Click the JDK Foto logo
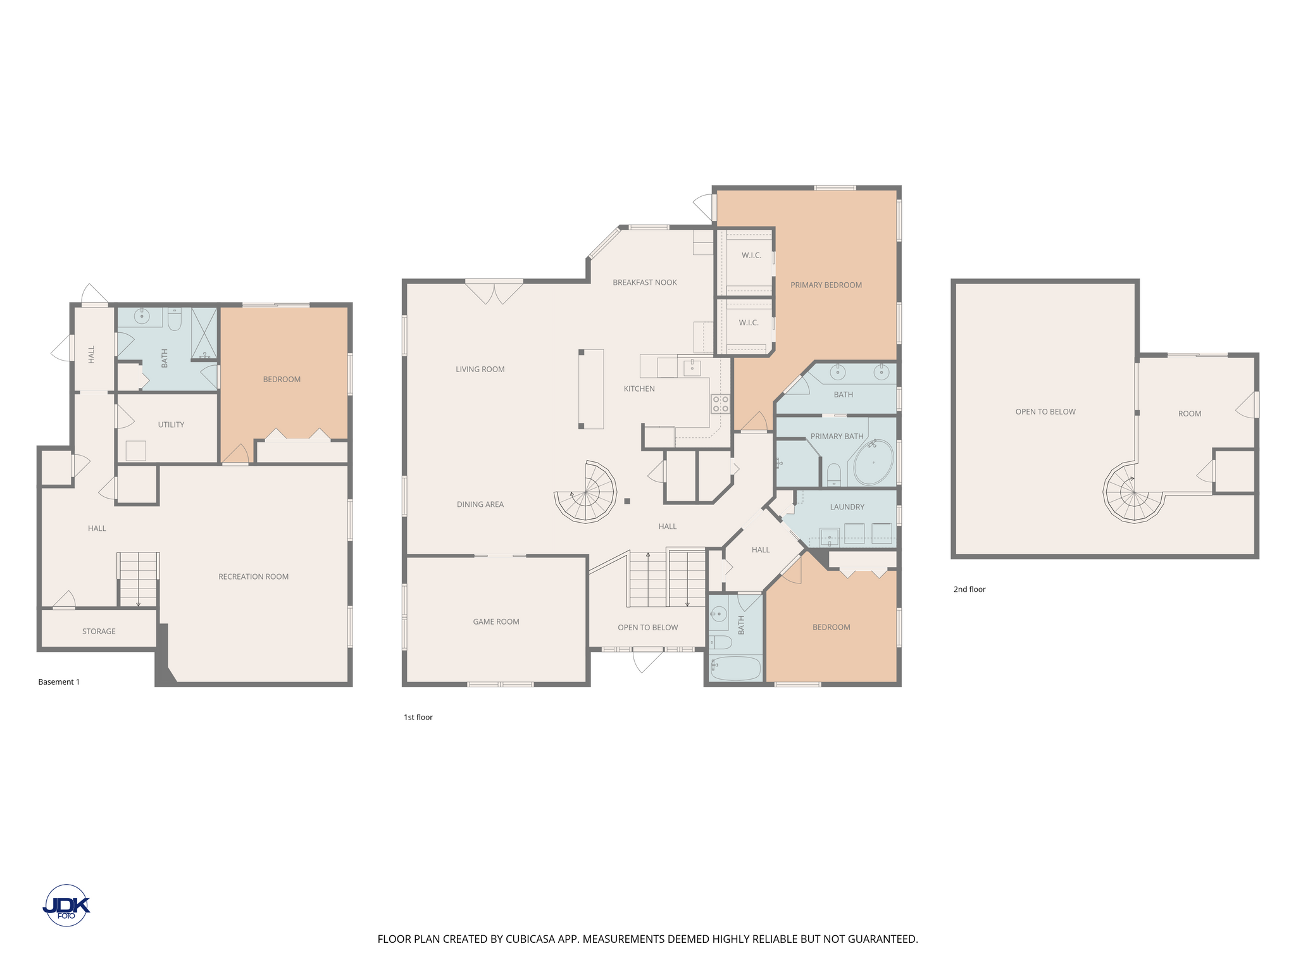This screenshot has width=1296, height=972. (x=66, y=906)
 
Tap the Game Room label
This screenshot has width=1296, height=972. (x=496, y=621)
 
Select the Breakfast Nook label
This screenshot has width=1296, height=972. (x=645, y=282)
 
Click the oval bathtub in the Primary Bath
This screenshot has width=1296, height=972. (x=873, y=462)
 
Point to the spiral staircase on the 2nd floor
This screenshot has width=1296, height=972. (x=1133, y=492)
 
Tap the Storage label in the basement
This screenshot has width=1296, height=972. (x=99, y=631)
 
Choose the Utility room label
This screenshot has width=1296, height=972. (x=171, y=425)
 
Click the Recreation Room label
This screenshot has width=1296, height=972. (x=253, y=576)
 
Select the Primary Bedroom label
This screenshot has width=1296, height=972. (x=826, y=285)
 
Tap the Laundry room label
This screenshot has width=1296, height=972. (x=847, y=507)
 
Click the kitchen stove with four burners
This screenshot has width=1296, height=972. (x=721, y=404)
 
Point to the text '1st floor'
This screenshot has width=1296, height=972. (x=418, y=717)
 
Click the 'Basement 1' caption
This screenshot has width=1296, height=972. (x=59, y=682)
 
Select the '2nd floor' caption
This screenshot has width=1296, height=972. (x=969, y=589)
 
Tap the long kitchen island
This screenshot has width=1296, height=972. (x=591, y=389)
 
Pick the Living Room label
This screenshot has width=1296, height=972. (x=480, y=369)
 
